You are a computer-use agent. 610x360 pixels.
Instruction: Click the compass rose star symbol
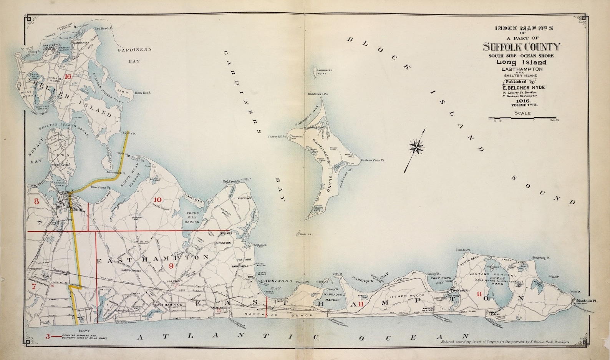click(x=416, y=146)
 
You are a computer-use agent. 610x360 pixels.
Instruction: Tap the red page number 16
click(x=68, y=76)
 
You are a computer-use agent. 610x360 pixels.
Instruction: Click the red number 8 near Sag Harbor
click(x=37, y=201)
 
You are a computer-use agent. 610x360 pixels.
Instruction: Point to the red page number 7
click(x=34, y=286)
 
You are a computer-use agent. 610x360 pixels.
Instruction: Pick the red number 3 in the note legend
click(x=48, y=337)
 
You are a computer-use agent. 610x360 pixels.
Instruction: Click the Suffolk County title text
click(x=521, y=47)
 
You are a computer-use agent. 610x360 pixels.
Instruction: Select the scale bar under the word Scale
click(x=522, y=118)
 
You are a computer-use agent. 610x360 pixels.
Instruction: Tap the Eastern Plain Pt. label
click(x=373, y=160)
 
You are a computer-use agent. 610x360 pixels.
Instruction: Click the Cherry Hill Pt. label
click(x=277, y=136)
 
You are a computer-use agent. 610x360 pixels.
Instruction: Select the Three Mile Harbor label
click(x=192, y=217)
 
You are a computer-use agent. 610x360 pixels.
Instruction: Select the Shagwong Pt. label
click(x=540, y=258)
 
